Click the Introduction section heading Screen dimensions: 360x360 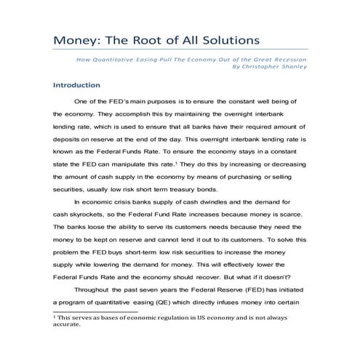click(77, 84)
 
